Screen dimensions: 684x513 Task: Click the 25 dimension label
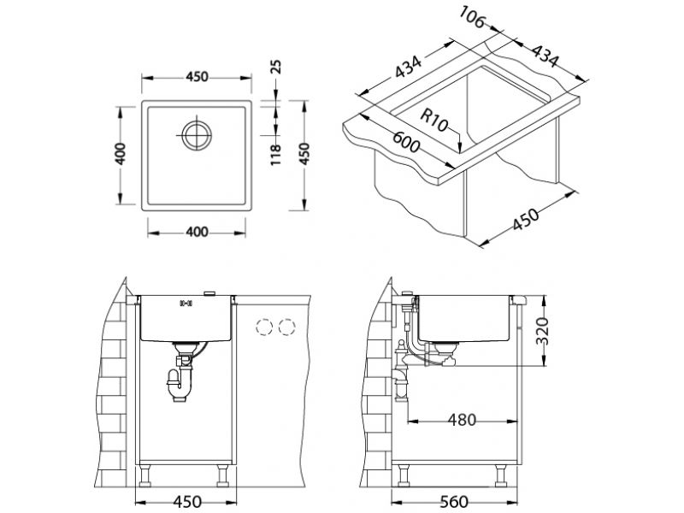tap(276, 67)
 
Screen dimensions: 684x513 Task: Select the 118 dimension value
tap(276, 156)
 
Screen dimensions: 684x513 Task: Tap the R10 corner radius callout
tap(434, 121)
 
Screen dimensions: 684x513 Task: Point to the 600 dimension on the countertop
tap(406, 142)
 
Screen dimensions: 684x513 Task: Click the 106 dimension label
tap(472, 17)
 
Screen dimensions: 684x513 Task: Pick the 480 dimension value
tap(462, 420)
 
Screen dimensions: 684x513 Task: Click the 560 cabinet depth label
tap(454, 502)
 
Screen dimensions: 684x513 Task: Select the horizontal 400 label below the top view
tap(197, 232)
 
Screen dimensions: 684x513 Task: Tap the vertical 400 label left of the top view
tap(121, 154)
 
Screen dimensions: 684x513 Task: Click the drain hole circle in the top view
tap(197, 136)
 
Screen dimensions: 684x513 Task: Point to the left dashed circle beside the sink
tap(264, 327)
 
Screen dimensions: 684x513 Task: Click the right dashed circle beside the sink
tap(286, 327)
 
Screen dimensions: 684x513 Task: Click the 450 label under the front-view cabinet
tap(187, 502)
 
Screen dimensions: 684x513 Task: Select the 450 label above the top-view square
tap(198, 77)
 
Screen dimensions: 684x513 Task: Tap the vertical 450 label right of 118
tap(304, 154)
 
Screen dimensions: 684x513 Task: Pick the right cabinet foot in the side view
tap(501, 475)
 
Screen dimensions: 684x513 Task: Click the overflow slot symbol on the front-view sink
tap(186, 303)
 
